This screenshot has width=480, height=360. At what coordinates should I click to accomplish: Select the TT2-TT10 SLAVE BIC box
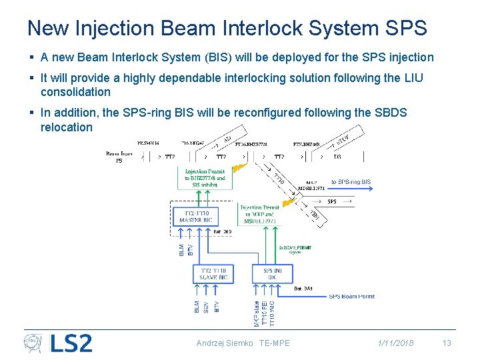click(213, 273)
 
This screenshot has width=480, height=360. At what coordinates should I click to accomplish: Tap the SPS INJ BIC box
click(273, 273)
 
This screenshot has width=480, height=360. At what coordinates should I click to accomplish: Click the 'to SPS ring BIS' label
click(351, 182)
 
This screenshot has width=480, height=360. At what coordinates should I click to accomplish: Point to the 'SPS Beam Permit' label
click(352, 297)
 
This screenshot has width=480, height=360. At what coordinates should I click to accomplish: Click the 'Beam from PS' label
click(119, 157)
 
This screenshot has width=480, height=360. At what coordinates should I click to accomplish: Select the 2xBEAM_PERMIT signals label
click(296, 249)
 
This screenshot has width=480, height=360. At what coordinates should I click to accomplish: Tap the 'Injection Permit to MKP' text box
click(260, 214)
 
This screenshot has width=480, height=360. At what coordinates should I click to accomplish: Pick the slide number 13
click(447, 343)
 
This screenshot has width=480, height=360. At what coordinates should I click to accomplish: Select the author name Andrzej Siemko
click(224, 343)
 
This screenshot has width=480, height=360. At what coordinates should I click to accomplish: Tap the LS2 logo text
click(71, 343)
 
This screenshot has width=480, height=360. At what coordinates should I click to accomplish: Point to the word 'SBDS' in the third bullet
click(393, 113)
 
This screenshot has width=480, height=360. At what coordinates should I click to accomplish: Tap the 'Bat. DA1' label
click(304, 289)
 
